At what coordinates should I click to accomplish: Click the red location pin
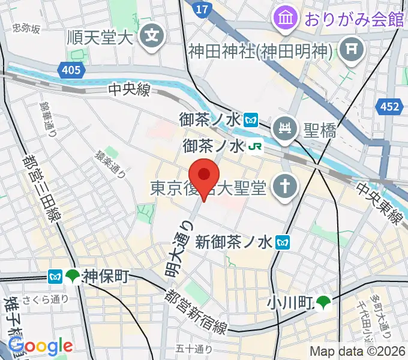point(205,175)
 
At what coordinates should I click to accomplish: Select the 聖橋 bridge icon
point(283,127)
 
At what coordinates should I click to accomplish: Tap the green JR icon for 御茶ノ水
point(255,146)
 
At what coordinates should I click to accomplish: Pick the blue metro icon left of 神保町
point(56,277)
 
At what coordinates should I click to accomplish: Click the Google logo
point(41,346)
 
